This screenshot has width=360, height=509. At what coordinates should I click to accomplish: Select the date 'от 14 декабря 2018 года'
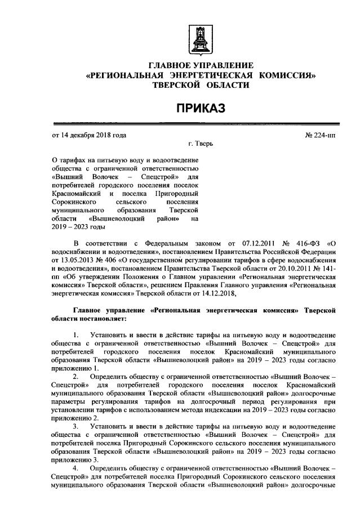(x=89, y=136)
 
